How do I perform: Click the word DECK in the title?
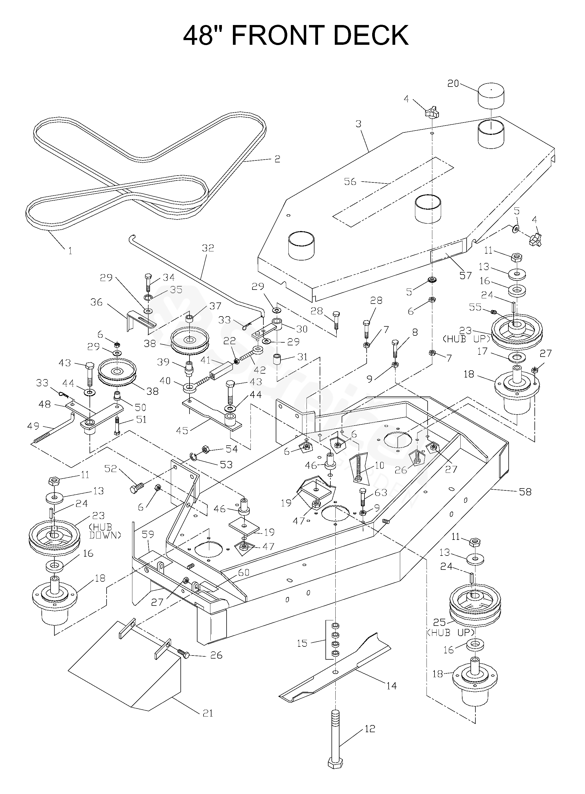[371, 35]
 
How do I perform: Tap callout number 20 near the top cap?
[453, 84]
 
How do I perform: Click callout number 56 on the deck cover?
[350, 181]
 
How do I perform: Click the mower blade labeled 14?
[335, 672]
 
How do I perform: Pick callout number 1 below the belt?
[70, 251]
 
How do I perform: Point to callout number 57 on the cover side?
[465, 275]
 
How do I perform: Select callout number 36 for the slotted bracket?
[96, 302]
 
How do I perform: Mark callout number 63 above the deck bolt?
[381, 492]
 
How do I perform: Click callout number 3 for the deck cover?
[358, 124]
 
